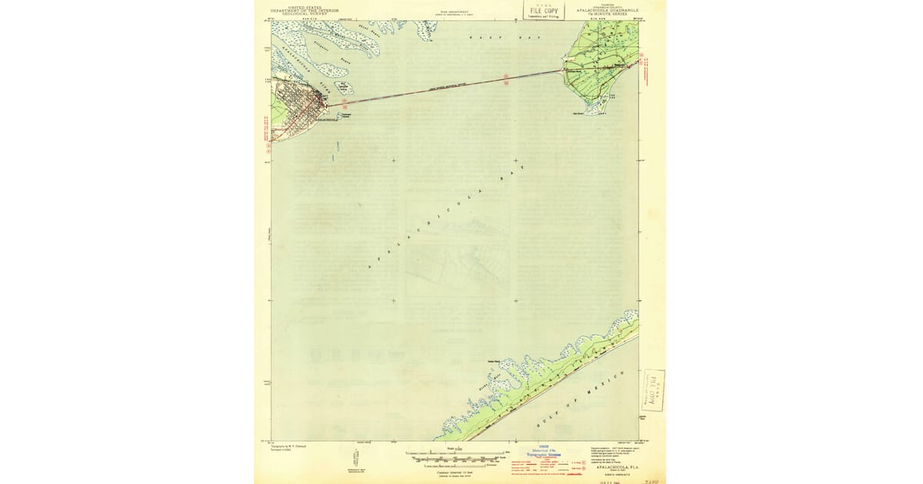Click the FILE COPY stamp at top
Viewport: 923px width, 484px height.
542,11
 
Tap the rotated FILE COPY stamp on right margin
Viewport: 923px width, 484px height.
653,390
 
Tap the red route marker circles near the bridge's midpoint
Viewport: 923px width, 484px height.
506,79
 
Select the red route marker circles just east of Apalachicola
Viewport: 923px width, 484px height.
345,101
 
